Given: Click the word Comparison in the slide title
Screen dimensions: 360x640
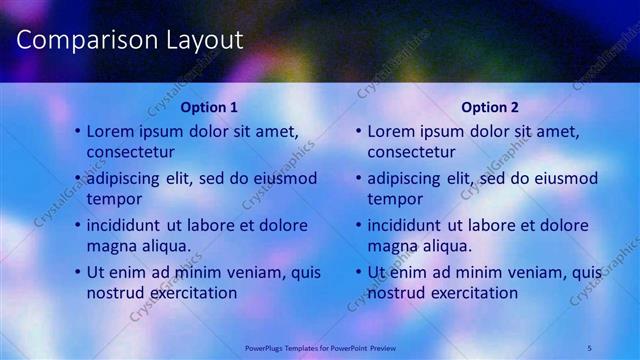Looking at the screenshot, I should pyautogui.click(x=87, y=41).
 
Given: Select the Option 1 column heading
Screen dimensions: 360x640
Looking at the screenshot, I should pyautogui.click(x=209, y=107).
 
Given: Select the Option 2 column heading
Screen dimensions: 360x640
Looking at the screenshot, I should pyautogui.click(x=490, y=107).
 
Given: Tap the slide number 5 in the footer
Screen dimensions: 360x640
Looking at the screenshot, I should pyautogui.click(x=589, y=347).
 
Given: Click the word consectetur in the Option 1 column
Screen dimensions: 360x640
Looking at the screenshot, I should pyautogui.click(x=131, y=152).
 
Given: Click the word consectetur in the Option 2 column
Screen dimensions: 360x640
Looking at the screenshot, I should pyautogui.click(x=411, y=152).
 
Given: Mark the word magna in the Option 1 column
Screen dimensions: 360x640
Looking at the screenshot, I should pyautogui.click(x=110, y=246).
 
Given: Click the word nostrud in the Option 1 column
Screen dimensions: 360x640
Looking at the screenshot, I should pyautogui.click(x=115, y=293).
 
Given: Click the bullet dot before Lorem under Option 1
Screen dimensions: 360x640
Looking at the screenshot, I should pyautogui.click(x=77, y=132).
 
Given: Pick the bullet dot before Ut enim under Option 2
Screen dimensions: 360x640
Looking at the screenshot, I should pyautogui.click(x=358, y=273).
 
